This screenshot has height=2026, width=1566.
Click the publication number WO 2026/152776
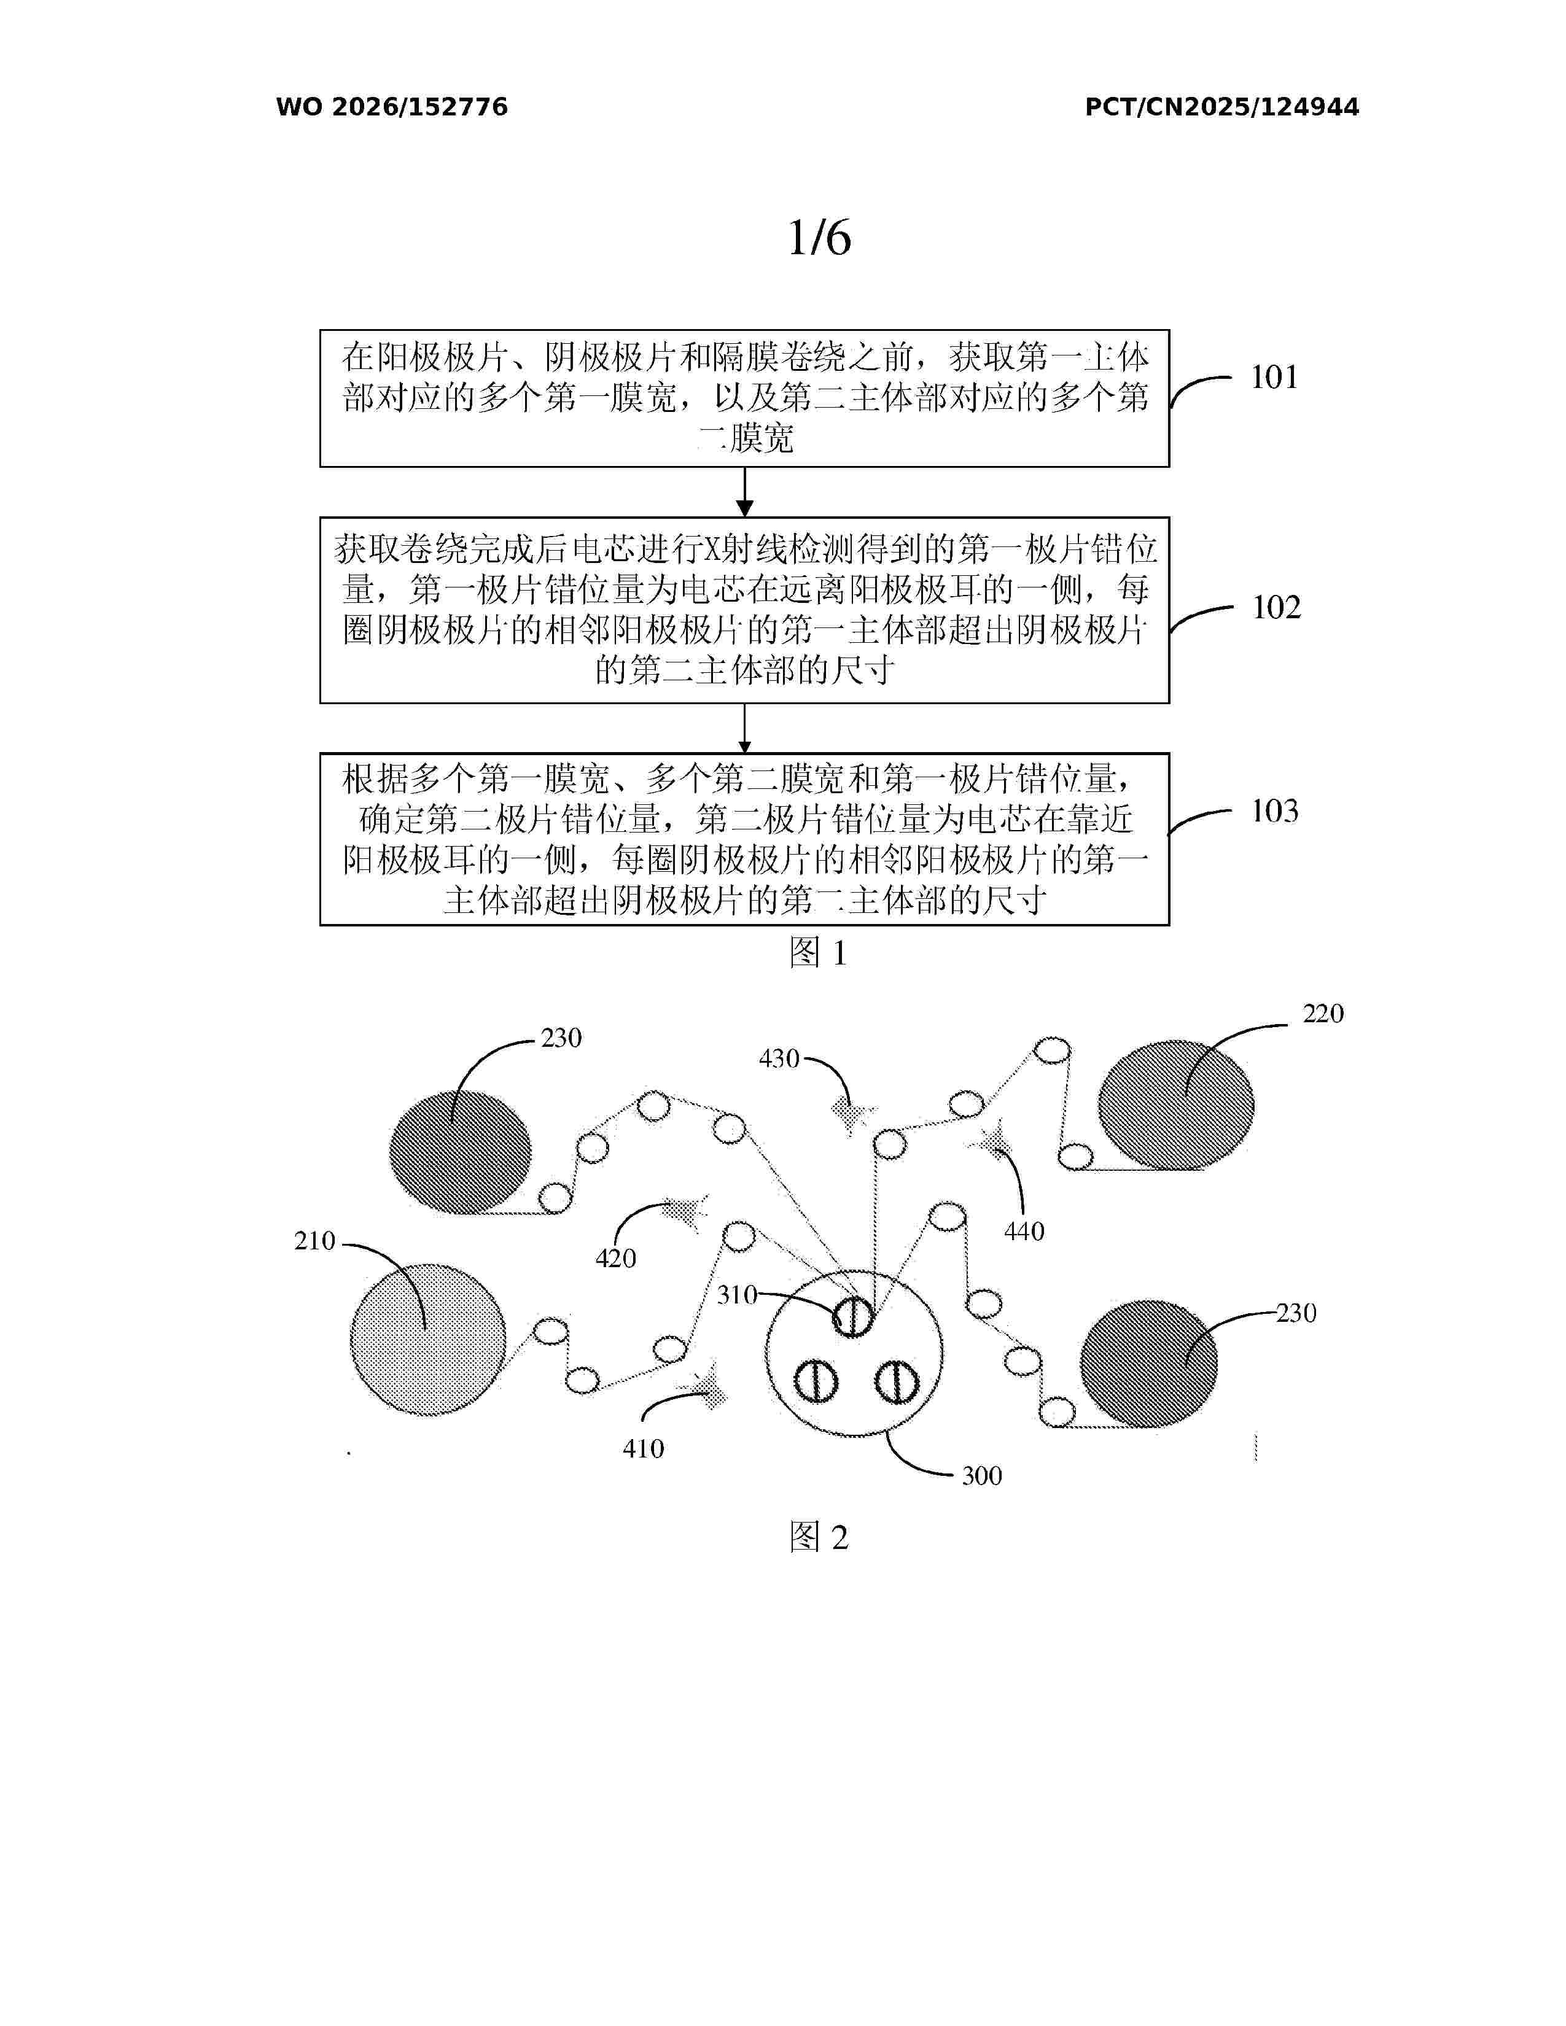392,107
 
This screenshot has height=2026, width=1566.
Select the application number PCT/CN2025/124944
1222,107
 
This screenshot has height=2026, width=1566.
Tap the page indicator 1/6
819,238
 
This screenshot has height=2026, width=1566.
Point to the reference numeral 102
1277,608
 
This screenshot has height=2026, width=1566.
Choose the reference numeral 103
1275,812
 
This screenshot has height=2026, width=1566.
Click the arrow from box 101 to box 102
744,492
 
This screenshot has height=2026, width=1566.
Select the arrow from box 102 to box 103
744,728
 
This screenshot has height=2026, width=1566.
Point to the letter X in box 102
712,550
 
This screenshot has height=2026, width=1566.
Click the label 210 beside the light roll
314,1241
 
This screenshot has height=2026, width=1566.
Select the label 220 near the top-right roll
1323,1014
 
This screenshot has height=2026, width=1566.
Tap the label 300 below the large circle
981,1476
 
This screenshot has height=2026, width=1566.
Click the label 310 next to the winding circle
738,1294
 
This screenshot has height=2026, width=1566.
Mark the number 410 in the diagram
643,1449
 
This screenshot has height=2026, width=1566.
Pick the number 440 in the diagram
1024,1232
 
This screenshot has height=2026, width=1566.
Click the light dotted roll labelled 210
427,1340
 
